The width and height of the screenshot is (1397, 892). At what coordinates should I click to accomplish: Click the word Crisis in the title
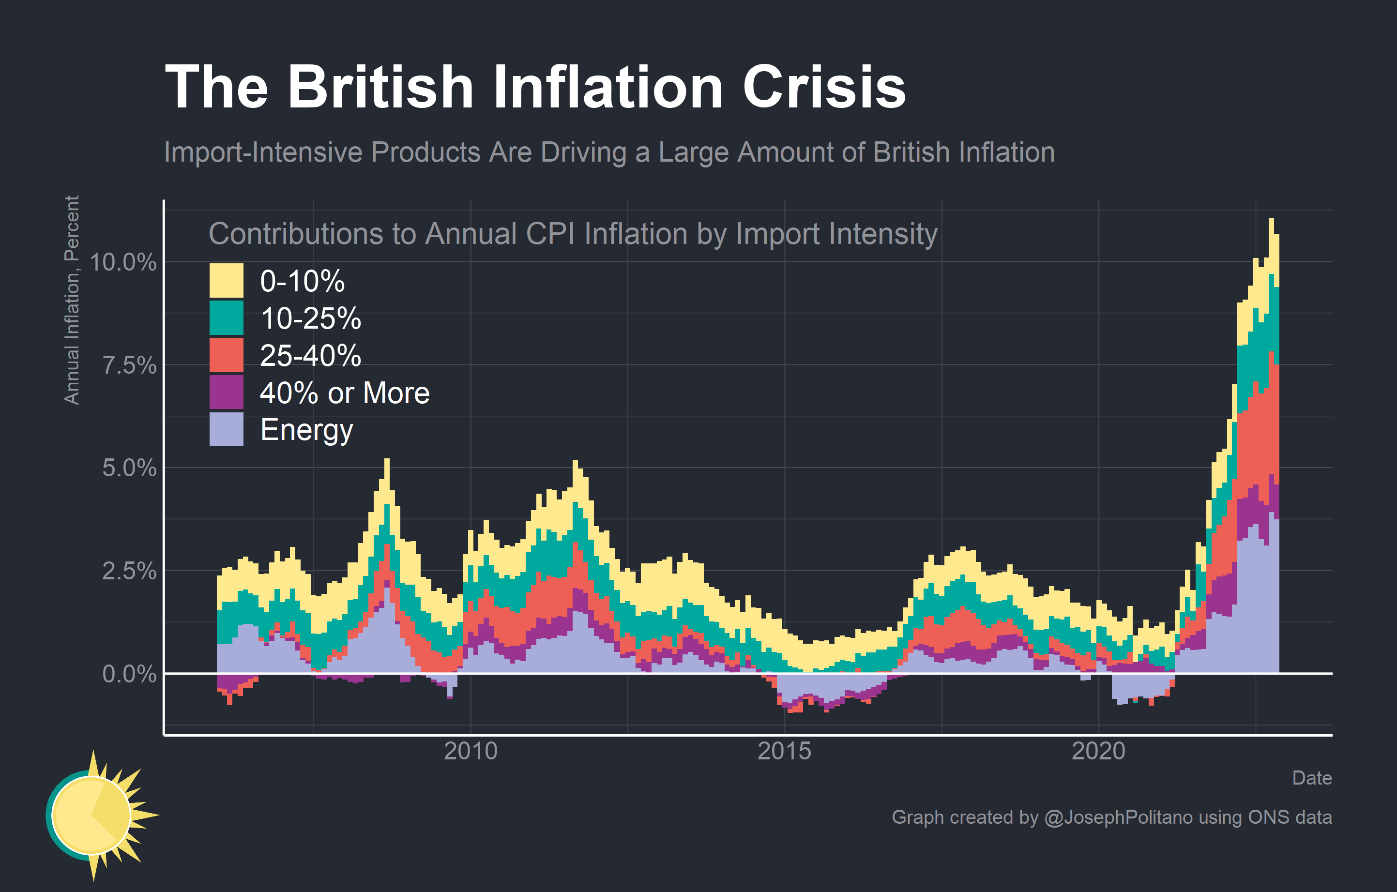[x=824, y=87]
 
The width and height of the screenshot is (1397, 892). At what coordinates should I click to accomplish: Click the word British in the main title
[x=380, y=87]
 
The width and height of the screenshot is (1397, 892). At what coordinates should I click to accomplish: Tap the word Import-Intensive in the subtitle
[x=264, y=152]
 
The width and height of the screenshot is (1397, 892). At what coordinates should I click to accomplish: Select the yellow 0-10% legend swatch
[x=226, y=281]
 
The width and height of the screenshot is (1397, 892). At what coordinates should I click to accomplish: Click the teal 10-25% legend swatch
[x=226, y=318]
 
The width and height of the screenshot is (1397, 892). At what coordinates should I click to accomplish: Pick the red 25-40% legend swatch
[x=226, y=355]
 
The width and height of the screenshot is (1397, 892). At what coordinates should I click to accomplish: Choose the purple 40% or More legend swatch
[x=226, y=392]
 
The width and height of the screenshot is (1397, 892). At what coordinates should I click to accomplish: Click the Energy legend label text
[x=306, y=430]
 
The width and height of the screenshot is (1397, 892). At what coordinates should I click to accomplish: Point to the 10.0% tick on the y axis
[x=123, y=262]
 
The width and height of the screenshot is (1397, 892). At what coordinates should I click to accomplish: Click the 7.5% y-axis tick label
[x=129, y=365]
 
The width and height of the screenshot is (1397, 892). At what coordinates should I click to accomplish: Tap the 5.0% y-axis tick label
[x=129, y=468]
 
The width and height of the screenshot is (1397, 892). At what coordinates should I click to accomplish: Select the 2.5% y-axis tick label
[x=129, y=571]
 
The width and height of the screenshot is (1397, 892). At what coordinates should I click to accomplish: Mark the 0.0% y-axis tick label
[x=129, y=674]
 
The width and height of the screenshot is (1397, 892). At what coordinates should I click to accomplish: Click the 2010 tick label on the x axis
[x=471, y=751]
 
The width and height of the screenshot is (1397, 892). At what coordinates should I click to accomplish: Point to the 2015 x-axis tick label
[x=784, y=751]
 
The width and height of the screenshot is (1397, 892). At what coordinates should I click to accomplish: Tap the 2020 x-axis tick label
[x=1098, y=751]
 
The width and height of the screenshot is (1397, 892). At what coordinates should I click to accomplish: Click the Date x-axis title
[x=1312, y=778]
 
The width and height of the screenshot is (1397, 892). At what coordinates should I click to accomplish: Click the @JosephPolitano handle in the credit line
[x=1118, y=817]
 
